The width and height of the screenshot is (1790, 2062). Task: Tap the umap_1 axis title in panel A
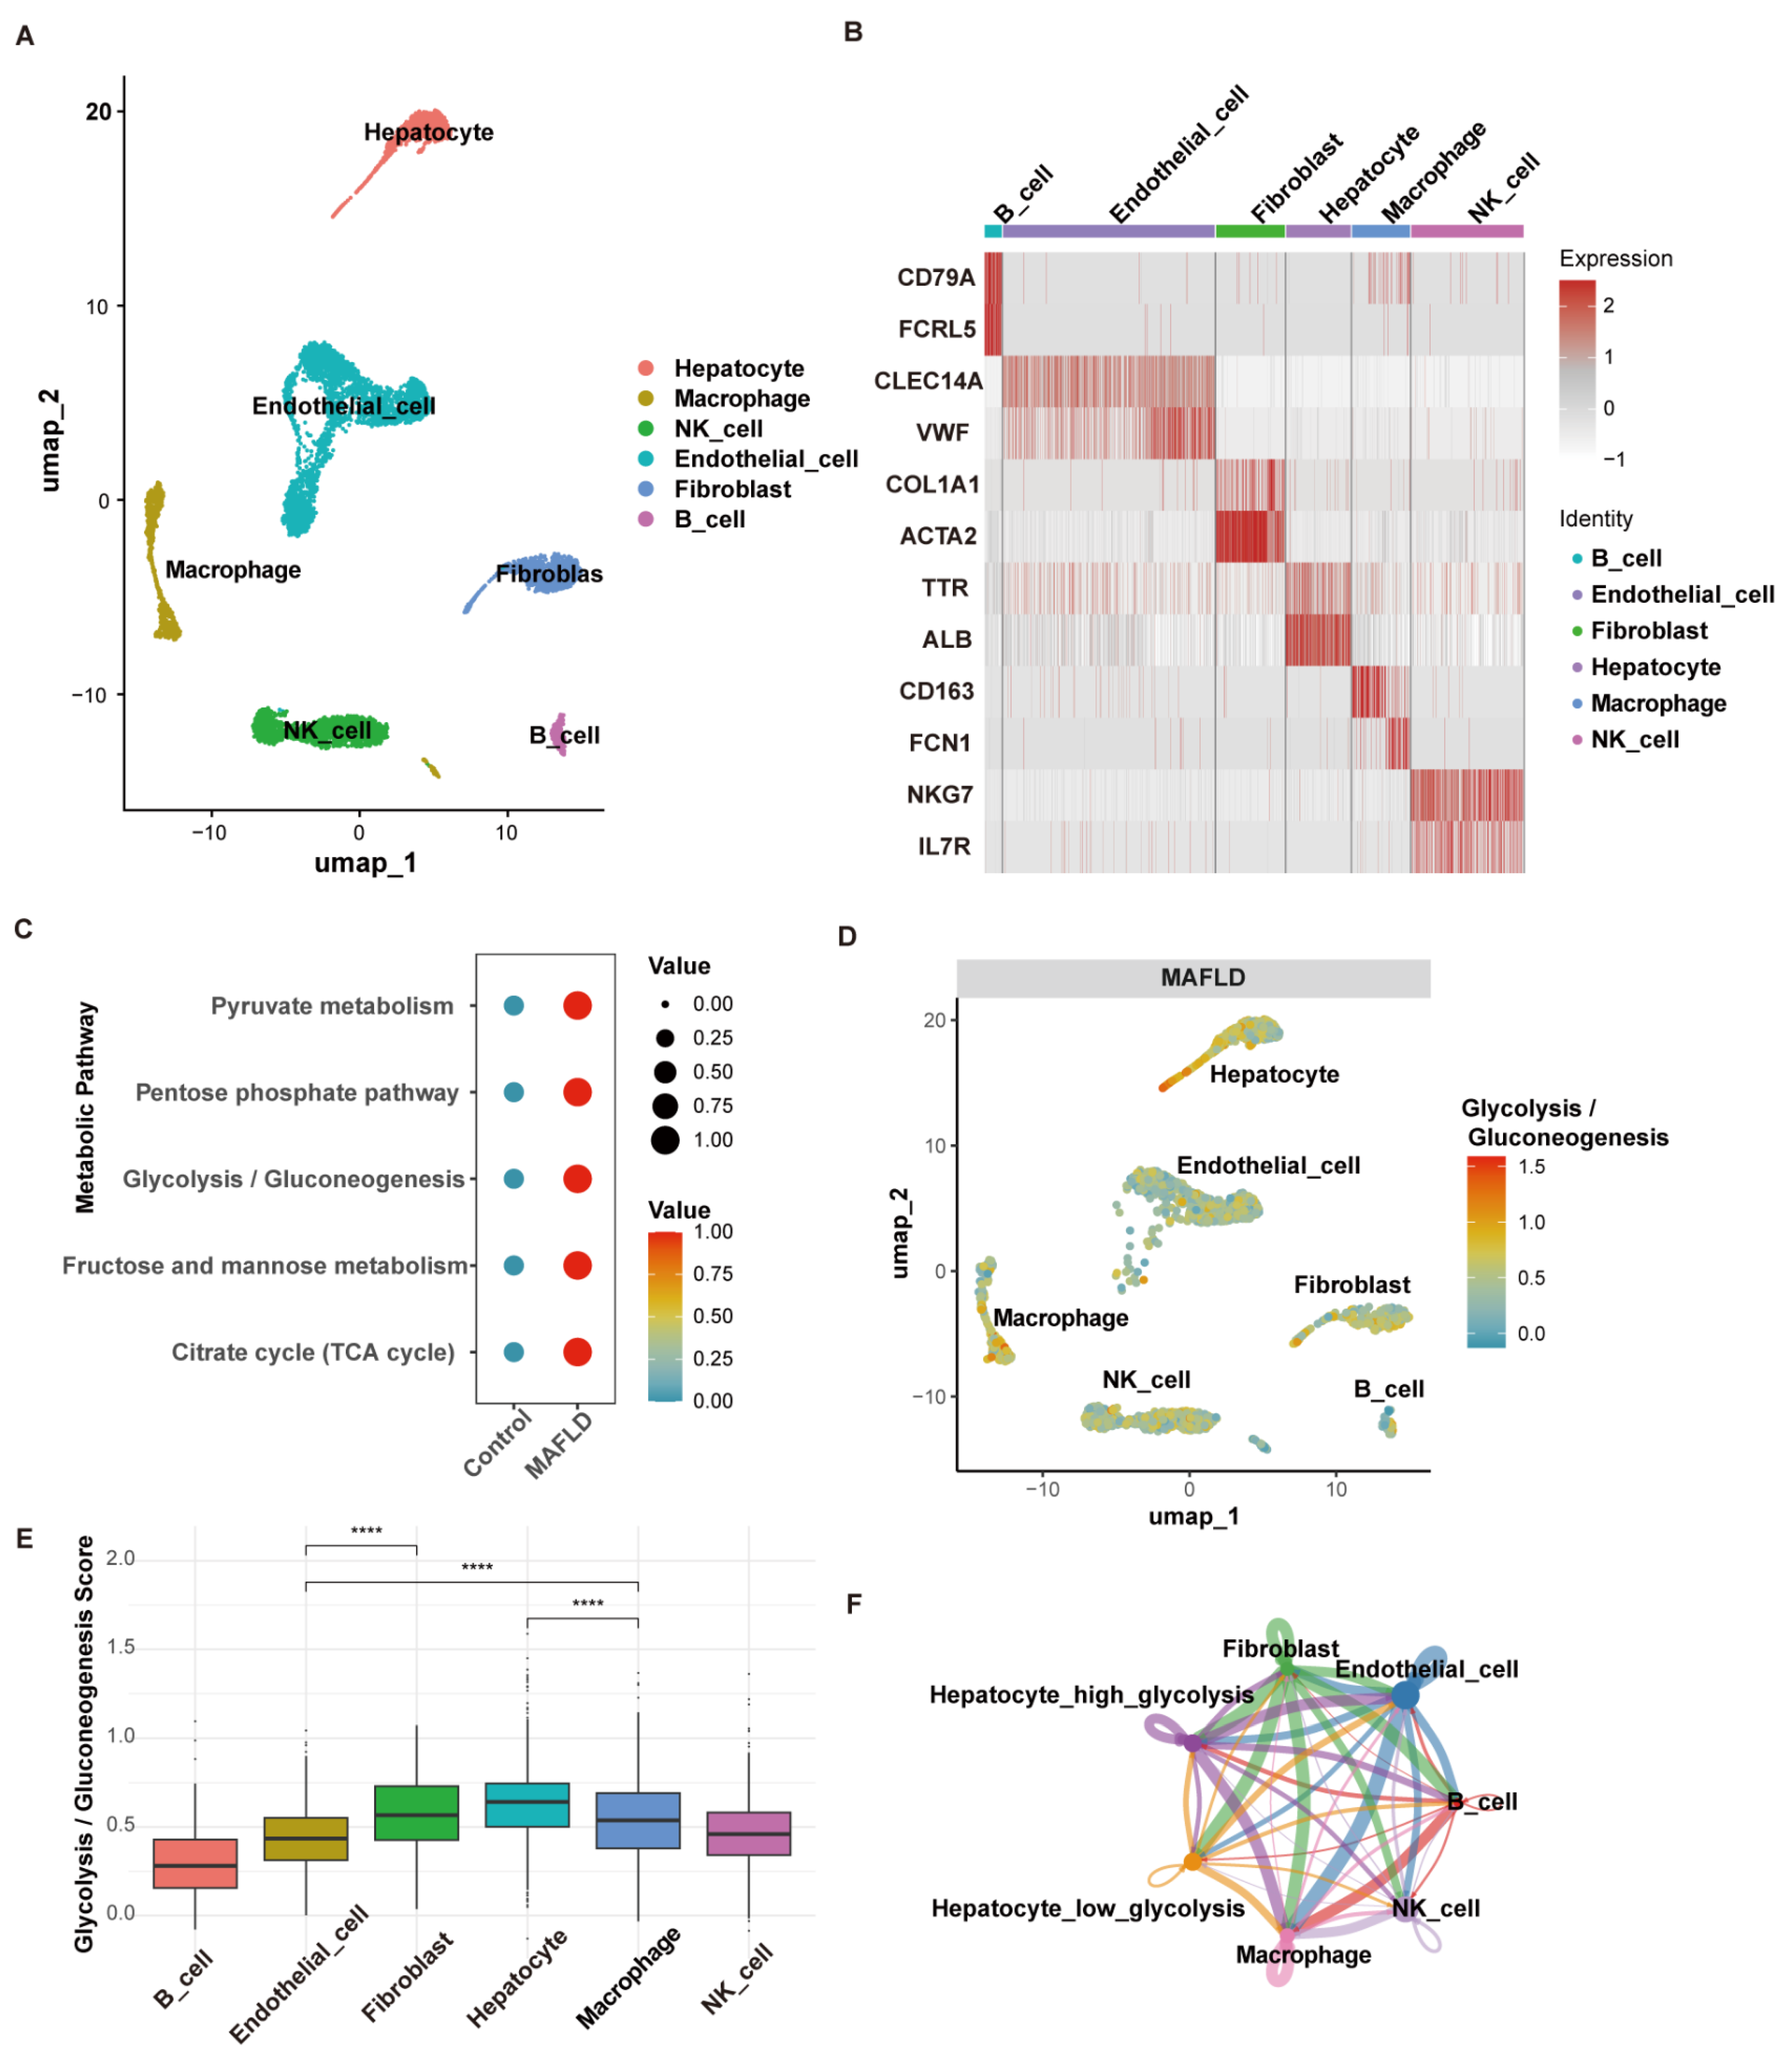(x=365, y=863)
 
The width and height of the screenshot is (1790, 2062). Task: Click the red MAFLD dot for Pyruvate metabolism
(x=577, y=1006)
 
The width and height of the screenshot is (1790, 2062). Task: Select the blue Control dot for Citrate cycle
(x=513, y=1353)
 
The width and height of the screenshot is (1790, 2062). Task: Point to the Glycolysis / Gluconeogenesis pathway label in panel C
(x=293, y=1180)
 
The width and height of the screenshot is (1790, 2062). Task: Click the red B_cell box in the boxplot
(x=195, y=1864)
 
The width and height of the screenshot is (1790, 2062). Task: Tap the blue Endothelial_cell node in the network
(x=1404, y=1695)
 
